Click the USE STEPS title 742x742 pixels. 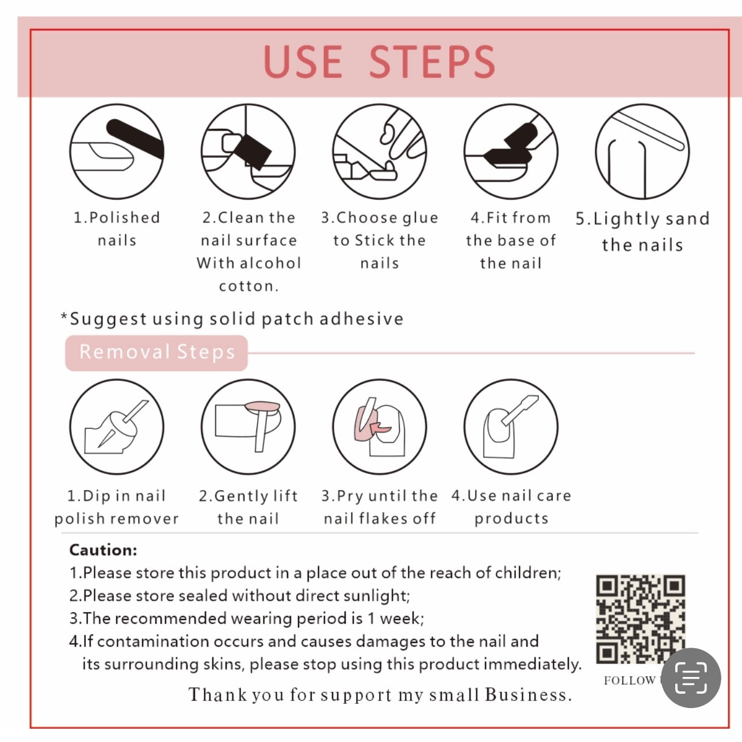click(380, 62)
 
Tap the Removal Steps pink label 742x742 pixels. click(156, 353)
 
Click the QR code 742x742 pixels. click(640, 619)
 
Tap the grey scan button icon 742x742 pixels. click(691, 678)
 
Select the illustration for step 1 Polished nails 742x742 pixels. click(117, 151)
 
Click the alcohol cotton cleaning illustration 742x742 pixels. click(248, 151)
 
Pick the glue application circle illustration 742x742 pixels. click(379, 151)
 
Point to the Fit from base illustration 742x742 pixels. click(511, 151)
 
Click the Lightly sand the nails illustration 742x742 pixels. click(642, 151)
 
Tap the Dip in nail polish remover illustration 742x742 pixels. click(117, 427)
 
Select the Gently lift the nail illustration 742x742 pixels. click(248, 427)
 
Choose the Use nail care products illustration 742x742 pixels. click(511, 427)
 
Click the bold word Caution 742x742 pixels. click(103, 550)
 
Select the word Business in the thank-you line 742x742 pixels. click(528, 695)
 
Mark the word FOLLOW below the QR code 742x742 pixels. click(630, 680)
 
